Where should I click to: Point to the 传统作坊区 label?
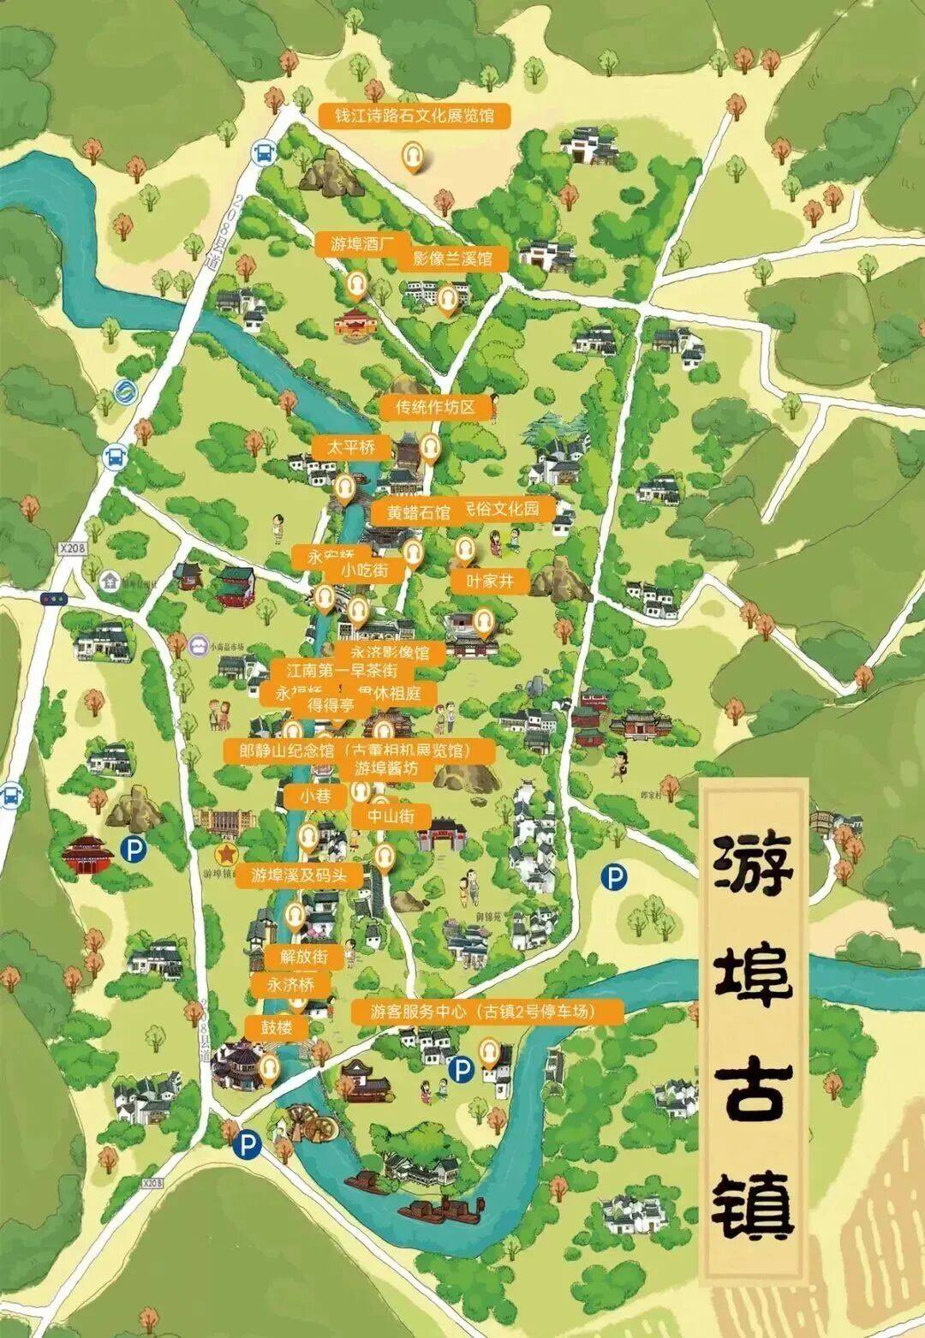[x=434, y=408]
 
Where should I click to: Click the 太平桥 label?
[x=350, y=447]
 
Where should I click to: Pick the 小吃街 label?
[x=365, y=570]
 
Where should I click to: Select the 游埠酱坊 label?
[x=387, y=768]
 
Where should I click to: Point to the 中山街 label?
[x=391, y=815]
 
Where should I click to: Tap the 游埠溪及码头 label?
[x=300, y=875]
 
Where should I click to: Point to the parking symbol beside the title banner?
[x=613, y=876]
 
